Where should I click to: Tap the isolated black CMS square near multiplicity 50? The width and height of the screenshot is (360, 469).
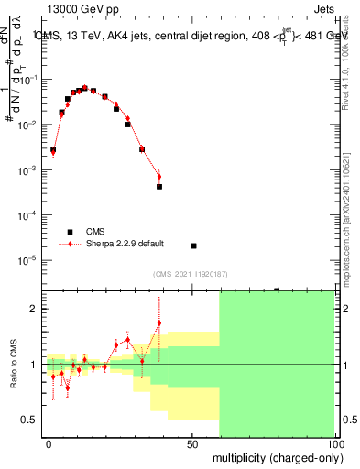point(193,245)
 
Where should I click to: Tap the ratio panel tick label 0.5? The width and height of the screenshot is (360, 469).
point(29,420)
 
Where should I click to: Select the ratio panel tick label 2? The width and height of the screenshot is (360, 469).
point(34,309)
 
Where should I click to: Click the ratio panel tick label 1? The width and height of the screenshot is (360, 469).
point(34,365)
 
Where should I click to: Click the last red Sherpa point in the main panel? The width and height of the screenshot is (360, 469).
point(159,177)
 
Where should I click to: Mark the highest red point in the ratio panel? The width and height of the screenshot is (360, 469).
point(159,322)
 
